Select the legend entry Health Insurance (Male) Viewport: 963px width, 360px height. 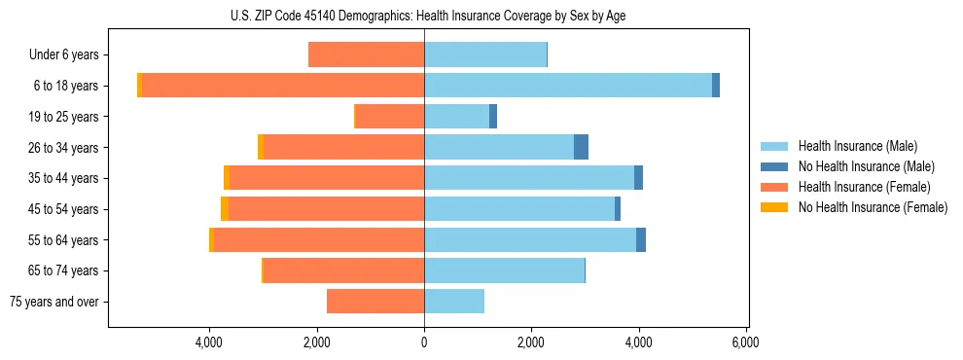857,146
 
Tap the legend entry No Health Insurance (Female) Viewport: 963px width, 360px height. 872,207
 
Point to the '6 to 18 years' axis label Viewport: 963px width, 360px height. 65,86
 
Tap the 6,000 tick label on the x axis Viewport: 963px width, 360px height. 745,342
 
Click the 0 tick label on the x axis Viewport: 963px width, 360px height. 424,342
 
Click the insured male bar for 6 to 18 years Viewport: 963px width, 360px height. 568,86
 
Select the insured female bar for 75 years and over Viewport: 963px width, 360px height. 375,302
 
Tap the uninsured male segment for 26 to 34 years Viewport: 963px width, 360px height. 581,147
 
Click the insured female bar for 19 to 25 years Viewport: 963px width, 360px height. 390,117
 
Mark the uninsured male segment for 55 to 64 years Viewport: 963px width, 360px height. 641,239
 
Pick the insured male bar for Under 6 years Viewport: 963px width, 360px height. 485,55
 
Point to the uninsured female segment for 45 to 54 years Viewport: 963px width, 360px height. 225,209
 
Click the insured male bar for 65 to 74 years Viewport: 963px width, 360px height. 504,270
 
